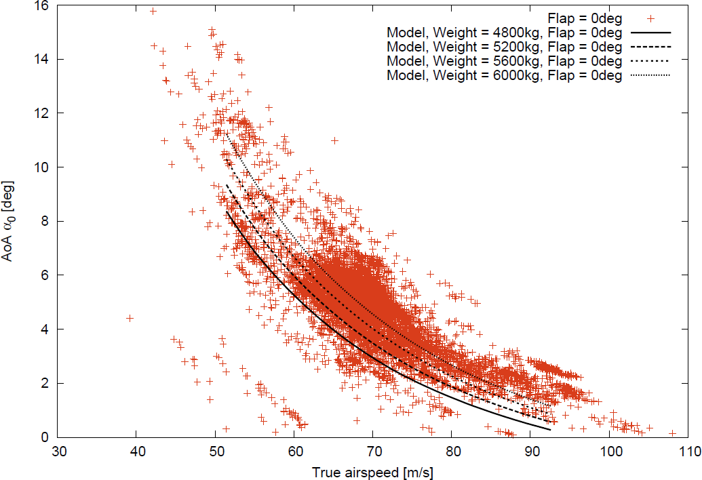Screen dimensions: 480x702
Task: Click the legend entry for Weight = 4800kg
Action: pos(504,32)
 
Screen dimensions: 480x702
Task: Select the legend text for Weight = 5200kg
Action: pos(504,47)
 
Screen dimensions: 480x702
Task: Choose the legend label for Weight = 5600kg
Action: pos(504,62)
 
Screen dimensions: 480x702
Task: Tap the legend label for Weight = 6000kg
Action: pos(504,76)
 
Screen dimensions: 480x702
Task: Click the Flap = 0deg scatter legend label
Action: pos(584,18)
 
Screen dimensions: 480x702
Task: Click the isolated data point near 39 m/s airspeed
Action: pos(130,318)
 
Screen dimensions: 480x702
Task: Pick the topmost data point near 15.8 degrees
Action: pos(153,11)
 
